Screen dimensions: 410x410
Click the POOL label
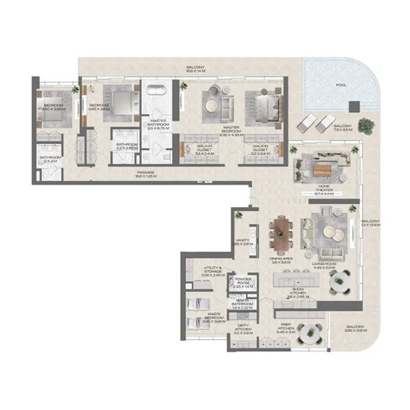(x=340, y=86)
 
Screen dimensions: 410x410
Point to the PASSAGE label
(x=146, y=174)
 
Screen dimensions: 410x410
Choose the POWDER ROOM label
(x=244, y=282)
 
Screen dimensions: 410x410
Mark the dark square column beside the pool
(x=353, y=107)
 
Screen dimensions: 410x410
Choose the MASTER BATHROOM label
(x=159, y=123)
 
